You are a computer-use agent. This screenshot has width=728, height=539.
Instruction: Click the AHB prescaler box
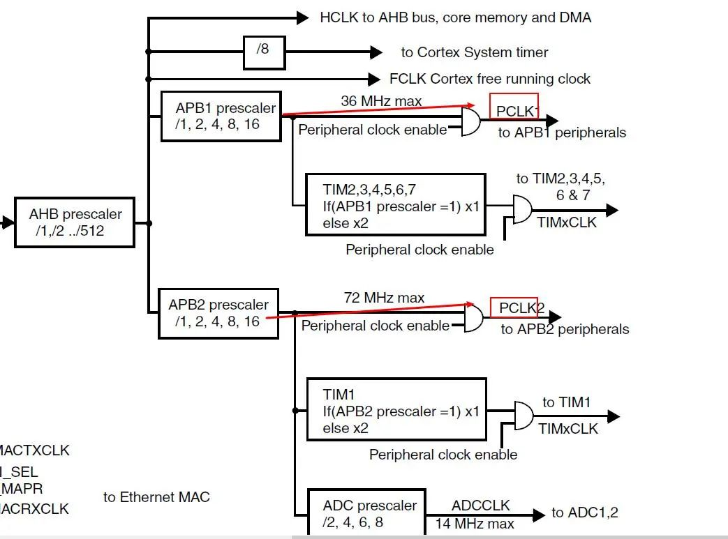point(75,222)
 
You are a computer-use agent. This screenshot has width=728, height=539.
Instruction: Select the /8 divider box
point(263,51)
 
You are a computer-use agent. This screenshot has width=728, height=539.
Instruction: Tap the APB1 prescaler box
point(221,116)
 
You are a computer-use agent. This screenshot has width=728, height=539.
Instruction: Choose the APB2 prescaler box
point(218,314)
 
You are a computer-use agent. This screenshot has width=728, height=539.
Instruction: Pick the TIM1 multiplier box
point(396,410)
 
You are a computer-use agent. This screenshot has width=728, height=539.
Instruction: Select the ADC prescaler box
point(370,514)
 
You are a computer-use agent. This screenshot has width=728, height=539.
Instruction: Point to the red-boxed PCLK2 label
point(514,308)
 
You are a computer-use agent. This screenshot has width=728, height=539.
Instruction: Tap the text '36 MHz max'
point(381,101)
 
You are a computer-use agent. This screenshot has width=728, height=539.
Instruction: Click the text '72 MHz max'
point(384,298)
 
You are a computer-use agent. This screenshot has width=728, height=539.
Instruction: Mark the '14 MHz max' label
point(475,524)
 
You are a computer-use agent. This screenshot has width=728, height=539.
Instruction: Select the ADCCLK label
point(481,506)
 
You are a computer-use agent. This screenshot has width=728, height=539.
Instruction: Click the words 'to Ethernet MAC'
point(156,497)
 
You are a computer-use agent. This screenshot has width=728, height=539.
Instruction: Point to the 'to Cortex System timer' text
point(474,52)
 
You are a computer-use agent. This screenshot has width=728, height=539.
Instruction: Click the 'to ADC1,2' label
point(584,513)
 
